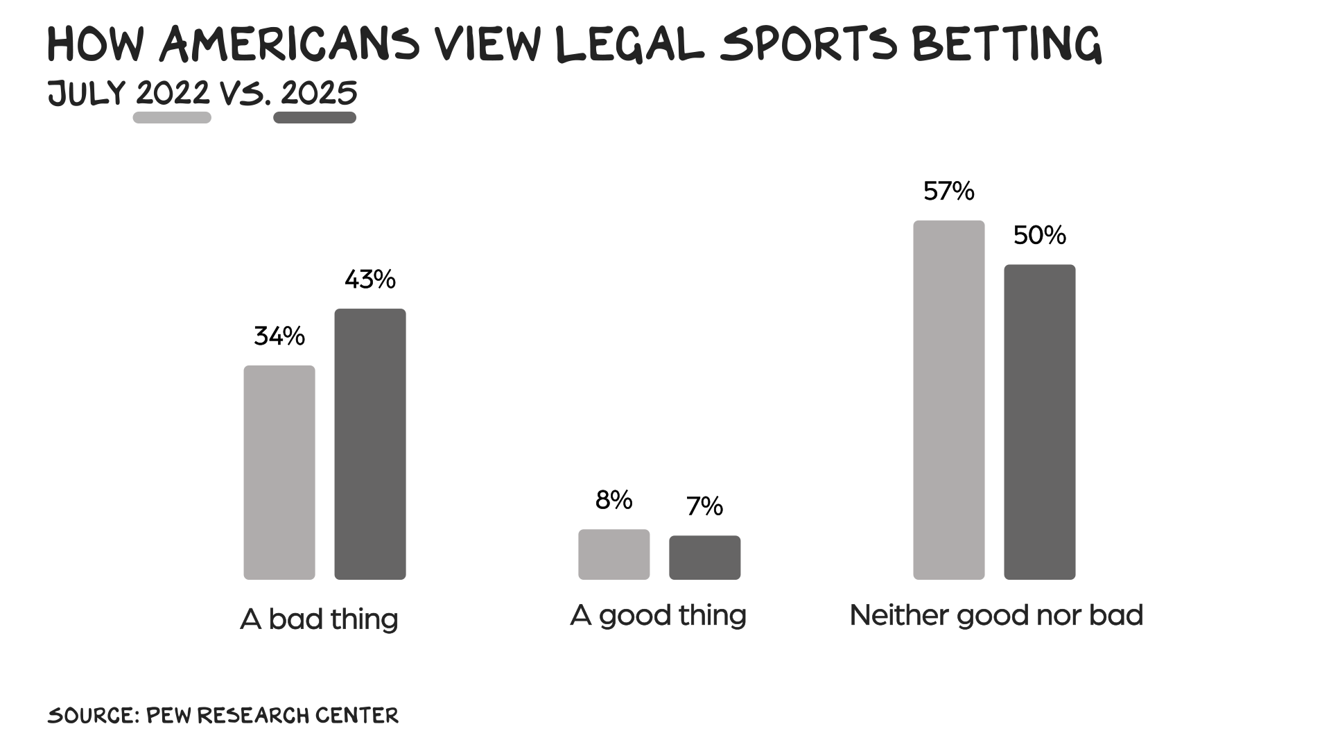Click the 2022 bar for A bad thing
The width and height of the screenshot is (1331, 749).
279,472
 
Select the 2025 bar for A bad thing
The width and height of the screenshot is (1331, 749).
370,444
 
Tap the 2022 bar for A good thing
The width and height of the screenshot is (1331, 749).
614,554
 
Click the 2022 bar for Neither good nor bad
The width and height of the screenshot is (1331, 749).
948,399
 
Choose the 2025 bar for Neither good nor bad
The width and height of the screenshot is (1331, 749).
1039,422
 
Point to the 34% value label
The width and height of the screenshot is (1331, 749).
279,336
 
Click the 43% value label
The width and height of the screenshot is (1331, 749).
370,279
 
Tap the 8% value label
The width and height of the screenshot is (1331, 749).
614,500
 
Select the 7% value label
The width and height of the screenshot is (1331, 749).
704,506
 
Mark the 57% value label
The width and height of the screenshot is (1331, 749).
948,191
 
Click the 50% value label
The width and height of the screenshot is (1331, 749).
1039,236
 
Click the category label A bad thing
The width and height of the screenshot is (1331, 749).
319,619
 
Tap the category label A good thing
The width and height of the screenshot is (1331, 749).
658,615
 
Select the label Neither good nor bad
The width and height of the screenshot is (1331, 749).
996,615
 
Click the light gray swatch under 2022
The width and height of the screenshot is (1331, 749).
172,118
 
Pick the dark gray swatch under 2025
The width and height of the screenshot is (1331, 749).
315,118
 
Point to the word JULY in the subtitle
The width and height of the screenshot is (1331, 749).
87,93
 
